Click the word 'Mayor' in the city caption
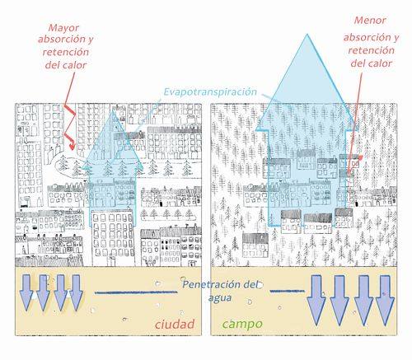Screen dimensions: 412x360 click(63, 28)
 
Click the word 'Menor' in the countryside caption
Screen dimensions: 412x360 click(370, 21)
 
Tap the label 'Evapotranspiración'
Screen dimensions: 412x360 click(210, 91)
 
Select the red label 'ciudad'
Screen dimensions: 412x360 click(175, 324)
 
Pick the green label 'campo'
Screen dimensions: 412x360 click(242, 325)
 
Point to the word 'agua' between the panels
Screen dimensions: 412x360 click(220, 298)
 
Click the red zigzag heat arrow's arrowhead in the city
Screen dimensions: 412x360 click(73, 146)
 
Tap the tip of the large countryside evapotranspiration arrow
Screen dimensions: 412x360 click(307, 34)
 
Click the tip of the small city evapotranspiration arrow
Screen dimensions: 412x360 click(112, 110)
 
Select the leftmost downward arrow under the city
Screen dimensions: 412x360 click(26, 292)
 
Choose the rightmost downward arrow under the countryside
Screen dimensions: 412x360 click(385, 300)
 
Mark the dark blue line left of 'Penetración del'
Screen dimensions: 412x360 click(136, 292)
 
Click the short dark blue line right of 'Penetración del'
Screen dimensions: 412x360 click(287, 291)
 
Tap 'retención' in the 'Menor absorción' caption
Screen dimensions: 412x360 click(371, 50)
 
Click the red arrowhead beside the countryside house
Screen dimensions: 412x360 click(360, 157)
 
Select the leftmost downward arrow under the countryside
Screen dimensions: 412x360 click(316, 300)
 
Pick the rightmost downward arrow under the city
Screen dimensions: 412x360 click(76, 292)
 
